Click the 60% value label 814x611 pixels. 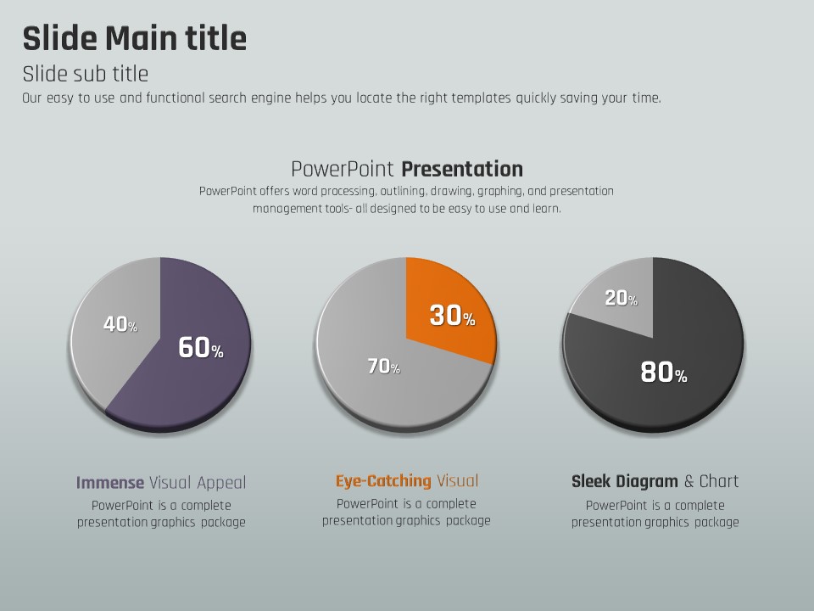pos(200,348)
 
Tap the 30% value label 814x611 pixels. pos(452,317)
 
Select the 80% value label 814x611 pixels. pos(663,373)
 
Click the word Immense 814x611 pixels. pos(110,483)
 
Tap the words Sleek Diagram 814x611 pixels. pos(624,481)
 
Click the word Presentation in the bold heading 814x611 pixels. pos(462,168)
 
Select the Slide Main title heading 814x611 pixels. pos(134,39)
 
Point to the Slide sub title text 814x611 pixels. pos(85,73)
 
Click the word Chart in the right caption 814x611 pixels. pos(719,481)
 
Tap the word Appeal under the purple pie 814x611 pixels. pos(221,483)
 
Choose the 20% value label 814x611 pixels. pos(621,298)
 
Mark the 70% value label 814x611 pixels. pos(383,367)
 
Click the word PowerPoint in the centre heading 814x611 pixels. pos(343,168)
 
